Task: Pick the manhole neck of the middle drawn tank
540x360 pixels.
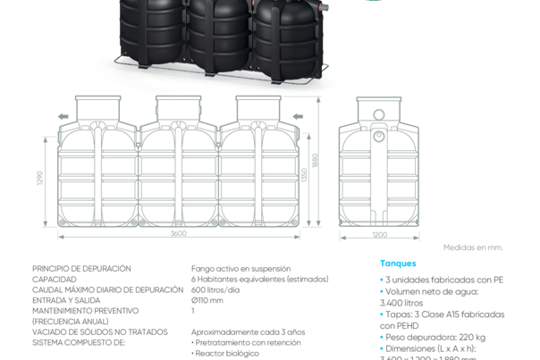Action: (179, 108)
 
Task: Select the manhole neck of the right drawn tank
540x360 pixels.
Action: (258, 108)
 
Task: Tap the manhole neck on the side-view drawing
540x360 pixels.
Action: (379, 108)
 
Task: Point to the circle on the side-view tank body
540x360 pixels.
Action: (379, 136)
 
